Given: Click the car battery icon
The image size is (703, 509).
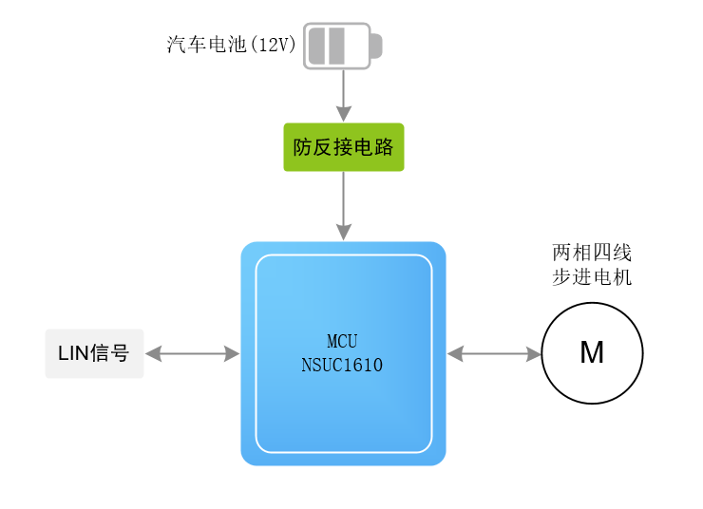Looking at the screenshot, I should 339,46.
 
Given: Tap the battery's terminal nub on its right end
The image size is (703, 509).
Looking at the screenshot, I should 375,46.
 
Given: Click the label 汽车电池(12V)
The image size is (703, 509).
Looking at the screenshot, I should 232,45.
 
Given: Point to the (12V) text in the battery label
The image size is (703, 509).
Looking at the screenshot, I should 274,45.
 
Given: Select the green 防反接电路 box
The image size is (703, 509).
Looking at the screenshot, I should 343,147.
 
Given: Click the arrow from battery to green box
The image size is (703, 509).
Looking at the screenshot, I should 343,95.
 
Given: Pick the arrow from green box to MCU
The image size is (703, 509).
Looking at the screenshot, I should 343,204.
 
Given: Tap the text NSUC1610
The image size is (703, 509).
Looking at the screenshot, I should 342,365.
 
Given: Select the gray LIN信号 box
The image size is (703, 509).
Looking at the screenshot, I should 94,353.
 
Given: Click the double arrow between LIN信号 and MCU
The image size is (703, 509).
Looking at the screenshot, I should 193,354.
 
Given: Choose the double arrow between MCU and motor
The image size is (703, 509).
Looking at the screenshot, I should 494,354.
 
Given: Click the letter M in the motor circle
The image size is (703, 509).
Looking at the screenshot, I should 592,353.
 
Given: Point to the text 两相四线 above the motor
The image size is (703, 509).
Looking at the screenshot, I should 592,254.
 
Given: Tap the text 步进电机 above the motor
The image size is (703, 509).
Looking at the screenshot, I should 592,278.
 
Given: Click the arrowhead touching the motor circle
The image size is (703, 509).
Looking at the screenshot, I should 533,354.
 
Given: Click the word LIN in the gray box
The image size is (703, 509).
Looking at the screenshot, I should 72,354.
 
